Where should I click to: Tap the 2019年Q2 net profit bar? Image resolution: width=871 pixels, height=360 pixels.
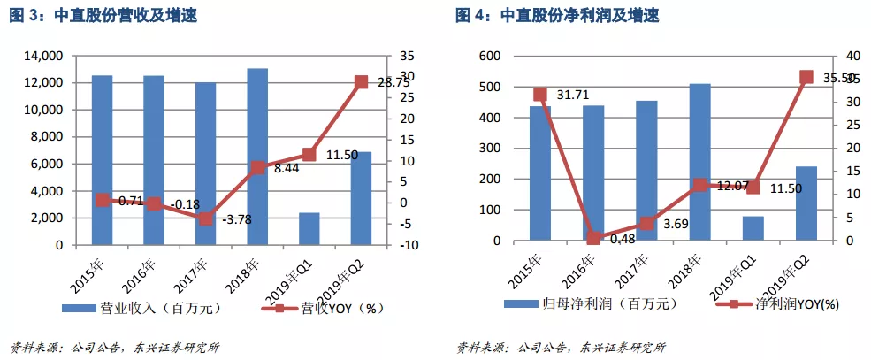805,203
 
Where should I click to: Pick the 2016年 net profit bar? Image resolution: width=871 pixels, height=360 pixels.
593,172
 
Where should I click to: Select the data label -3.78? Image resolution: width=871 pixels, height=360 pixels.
236,219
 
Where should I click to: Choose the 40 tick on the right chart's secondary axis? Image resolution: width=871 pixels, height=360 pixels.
841,56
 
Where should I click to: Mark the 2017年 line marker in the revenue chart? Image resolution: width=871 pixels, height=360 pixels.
205,218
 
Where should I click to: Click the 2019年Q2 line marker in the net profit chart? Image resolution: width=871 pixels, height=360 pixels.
806,78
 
